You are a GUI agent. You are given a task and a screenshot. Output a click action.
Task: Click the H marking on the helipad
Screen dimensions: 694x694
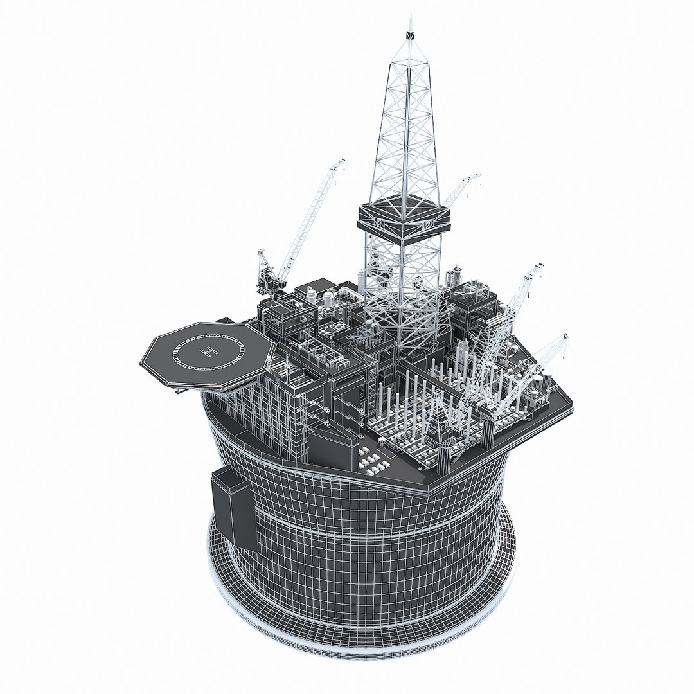(x=208, y=351)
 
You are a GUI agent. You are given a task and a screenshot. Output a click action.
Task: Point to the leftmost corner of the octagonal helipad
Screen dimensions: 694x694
(x=141, y=364)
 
